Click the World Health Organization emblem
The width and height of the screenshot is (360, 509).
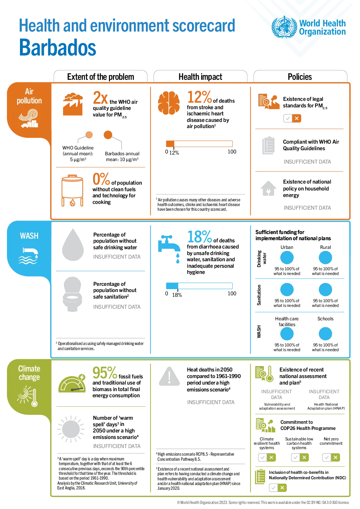[x=284, y=27]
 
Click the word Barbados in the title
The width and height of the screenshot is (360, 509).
[x=57, y=47]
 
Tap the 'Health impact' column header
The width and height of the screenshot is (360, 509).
[x=200, y=77]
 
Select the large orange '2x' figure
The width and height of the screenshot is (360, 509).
[x=100, y=98]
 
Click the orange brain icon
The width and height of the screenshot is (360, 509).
[x=169, y=103]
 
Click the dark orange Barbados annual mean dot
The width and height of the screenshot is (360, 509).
[x=108, y=135]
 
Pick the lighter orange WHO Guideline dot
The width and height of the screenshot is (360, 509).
[x=89, y=135]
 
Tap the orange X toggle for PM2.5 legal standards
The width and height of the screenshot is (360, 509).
[x=296, y=118]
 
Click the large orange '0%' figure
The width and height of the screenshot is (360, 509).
[x=101, y=179]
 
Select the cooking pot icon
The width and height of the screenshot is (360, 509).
[x=72, y=190]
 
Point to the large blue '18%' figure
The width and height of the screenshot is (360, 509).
[x=200, y=237]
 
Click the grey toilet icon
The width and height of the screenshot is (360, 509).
[x=72, y=294]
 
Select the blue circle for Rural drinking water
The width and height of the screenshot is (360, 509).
[x=325, y=258]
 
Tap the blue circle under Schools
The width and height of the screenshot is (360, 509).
[x=325, y=334]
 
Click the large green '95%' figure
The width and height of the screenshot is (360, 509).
[x=105, y=373]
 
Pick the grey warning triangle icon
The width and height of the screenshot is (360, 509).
[x=169, y=376]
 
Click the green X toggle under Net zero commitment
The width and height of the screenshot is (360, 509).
[x=335, y=457]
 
